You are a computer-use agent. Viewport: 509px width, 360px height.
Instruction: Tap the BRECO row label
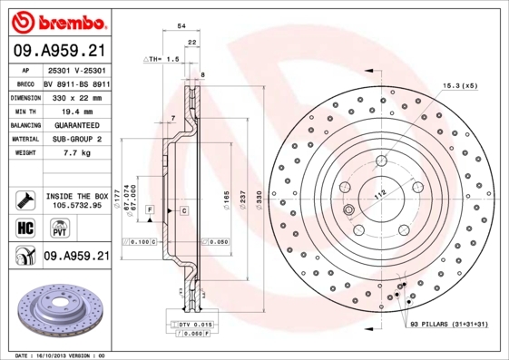coord(26,83)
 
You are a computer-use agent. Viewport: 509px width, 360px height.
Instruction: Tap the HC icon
coord(26,227)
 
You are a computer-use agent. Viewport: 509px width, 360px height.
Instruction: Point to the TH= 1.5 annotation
coord(162,58)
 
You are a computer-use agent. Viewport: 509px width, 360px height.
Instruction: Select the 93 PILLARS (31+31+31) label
coord(450,324)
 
